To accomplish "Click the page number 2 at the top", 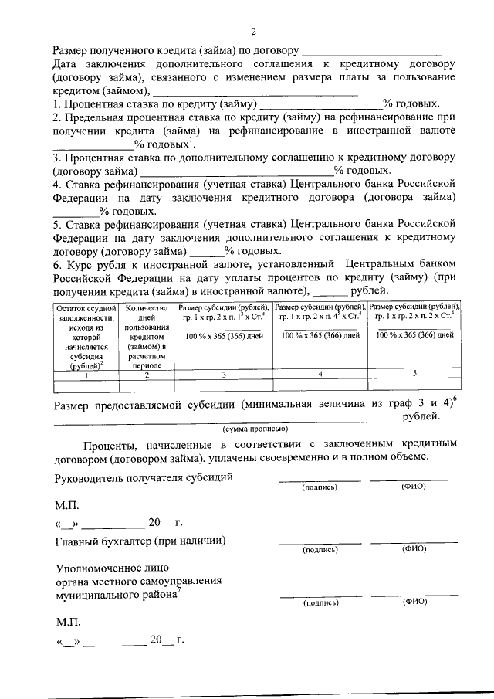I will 252,32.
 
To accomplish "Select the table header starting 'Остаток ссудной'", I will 85,337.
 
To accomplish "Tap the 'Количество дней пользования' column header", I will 146,337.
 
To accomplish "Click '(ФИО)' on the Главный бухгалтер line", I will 414,549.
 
